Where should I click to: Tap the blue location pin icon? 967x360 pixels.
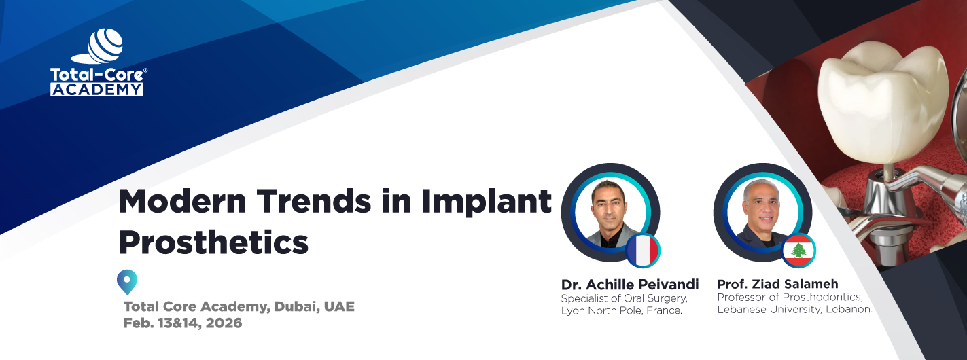click(x=127, y=281)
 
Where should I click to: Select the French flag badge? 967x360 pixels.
click(x=643, y=250)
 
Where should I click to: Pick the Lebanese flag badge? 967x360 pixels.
click(x=798, y=251)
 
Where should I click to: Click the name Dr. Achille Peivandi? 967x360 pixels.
click(x=630, y=284)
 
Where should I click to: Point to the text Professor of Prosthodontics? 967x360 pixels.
click(x=790, y=298)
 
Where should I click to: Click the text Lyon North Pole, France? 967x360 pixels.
click(x=621, y=310)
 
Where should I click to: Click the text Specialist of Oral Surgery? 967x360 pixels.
click(x=624, y=298)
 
